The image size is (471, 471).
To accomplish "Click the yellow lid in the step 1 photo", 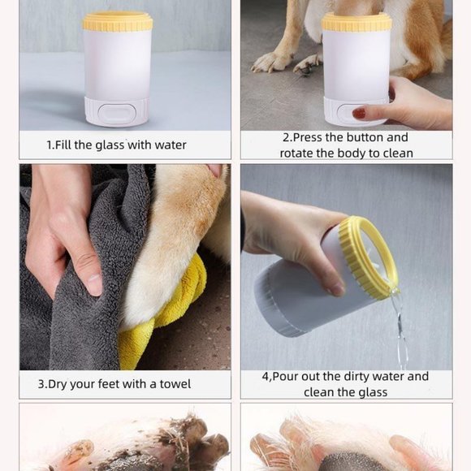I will coord(118,21).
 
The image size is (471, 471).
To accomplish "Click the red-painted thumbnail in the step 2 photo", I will coord(360,114).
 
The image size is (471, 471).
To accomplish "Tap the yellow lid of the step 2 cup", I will coord(356,22).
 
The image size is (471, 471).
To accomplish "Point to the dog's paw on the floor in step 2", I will coord(274,62).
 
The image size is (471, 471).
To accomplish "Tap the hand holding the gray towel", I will coord(65,244).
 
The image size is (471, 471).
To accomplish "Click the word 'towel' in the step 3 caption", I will coord(174,383).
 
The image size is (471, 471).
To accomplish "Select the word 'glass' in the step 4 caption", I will coord(373,392).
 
